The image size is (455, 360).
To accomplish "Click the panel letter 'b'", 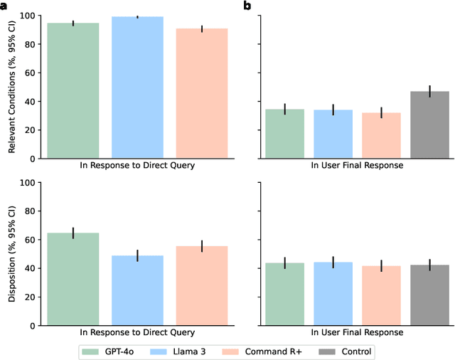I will [247, 6].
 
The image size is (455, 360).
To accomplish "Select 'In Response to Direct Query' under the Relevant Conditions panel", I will [137, 165].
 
